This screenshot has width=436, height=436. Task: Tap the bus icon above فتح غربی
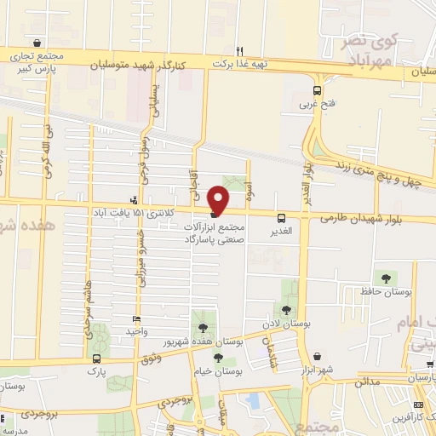click(x=317, y=91)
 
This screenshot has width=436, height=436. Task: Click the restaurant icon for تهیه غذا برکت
click(x=240, y=50)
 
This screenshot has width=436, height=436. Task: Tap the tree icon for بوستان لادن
click(x=286, y=311)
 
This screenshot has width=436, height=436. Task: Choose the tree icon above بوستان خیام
click(x=219, y=359)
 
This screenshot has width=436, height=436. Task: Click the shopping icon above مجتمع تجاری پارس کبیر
click(x=36, y=43)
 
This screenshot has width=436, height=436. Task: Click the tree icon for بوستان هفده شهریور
click(x=203, y=328)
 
